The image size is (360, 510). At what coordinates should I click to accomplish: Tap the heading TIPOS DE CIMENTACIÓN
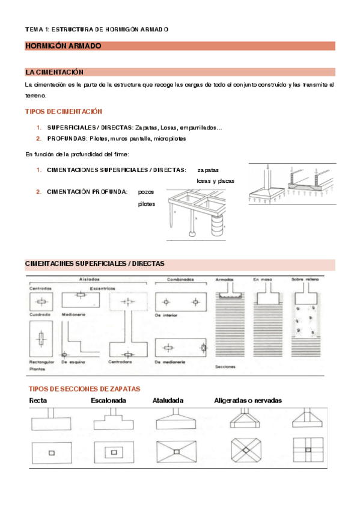point(63,111)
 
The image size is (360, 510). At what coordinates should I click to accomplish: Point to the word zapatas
point(208,170)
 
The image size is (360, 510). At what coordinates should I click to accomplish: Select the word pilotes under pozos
point(147,204)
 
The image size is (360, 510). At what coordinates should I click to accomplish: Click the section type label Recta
point(39,401)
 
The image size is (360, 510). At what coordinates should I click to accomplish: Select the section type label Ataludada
point(168,401)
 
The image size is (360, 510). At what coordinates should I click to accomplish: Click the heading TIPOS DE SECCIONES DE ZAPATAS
point(85,389)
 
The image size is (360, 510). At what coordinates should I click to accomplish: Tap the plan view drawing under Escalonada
point(112,452)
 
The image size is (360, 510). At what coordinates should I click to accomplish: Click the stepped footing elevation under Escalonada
point(112,420)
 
